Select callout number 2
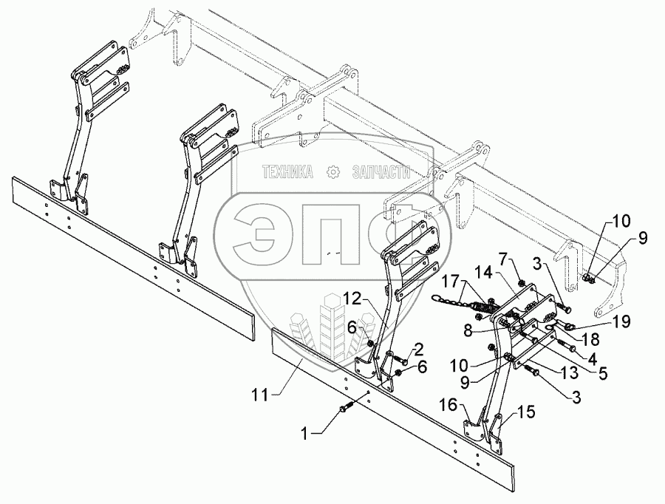click(x=418, y=349)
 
